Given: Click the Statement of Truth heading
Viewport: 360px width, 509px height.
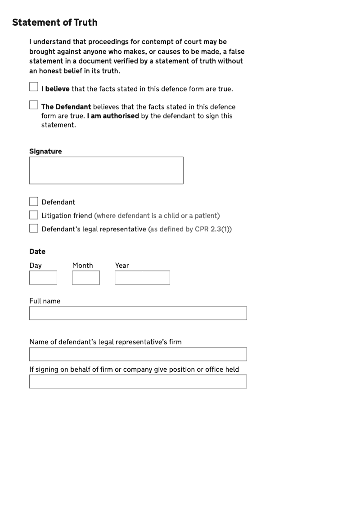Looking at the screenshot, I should pyautogui.click(x=54, y=23).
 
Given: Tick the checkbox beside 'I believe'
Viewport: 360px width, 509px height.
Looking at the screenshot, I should pyautogui.click(x=34, y=87).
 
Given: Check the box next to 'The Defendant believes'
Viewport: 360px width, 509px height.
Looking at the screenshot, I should pyautogui.click(x=34, y=105).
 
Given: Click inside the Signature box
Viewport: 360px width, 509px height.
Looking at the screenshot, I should pyautogui.click(x=106, y=170).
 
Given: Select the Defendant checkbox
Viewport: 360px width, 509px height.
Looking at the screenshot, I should pyautogui.click(x=34, y=201).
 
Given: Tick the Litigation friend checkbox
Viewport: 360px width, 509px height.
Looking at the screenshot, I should pyautogui.click(x=34, y=215).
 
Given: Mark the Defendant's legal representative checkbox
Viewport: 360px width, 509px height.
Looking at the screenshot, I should pyautogui.click(x=34, y=228).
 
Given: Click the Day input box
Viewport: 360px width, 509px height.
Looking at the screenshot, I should pyautogui.click(x=43, y=278).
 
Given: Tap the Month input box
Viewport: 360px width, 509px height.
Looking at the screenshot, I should pyautogui.click(x=86, y=278).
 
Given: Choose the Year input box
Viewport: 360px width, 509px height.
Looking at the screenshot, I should pyautogui.click(x=142, y=278).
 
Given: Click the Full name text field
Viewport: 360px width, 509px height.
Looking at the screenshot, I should pyautogui.click(x=138, y=313).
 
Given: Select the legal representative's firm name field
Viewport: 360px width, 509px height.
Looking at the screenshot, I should pyautogui.click(x=138, y=354).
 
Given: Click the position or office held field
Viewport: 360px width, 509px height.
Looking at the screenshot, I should pyautogui.click(x=138, y=382).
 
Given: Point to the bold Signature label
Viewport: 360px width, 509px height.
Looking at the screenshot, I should pyautogui.click(x=45, y=151).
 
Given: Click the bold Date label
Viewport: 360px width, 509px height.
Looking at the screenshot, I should pyautogui.click(x=37, y=252).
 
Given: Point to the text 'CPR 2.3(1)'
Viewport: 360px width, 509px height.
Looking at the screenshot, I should pyautogui.click(x=212, y=229).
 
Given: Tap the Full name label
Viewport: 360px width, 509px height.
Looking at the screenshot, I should pyautogui.click(x=45, y=301).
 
